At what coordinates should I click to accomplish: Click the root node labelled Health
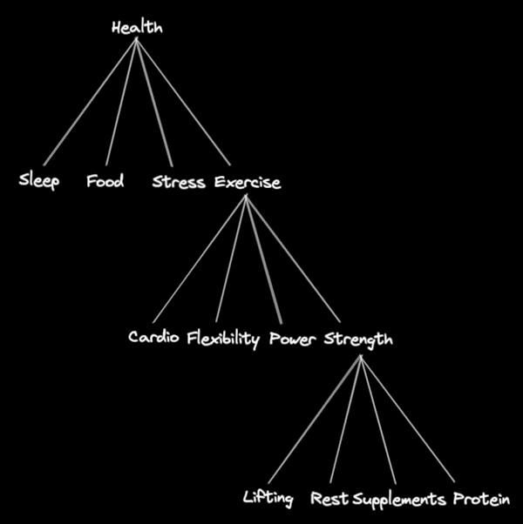click(137, 28)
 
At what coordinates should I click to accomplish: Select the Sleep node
click(39, 182)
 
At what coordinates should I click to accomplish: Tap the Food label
click(105, 182)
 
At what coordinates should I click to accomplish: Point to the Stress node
click(179, 183)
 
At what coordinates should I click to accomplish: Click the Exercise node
click(248, 183)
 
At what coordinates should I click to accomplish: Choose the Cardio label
click(154, 338)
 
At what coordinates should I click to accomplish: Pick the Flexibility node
click(223, 339)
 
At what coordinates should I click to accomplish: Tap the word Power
click(293, 338)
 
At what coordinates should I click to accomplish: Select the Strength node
click(358, 339)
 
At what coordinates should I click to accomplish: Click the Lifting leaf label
click(268, 499)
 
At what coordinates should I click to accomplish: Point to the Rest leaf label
click(329, 499)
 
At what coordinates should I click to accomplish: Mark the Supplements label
click(399, 500)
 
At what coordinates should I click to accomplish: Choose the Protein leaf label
click(481, 499)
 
